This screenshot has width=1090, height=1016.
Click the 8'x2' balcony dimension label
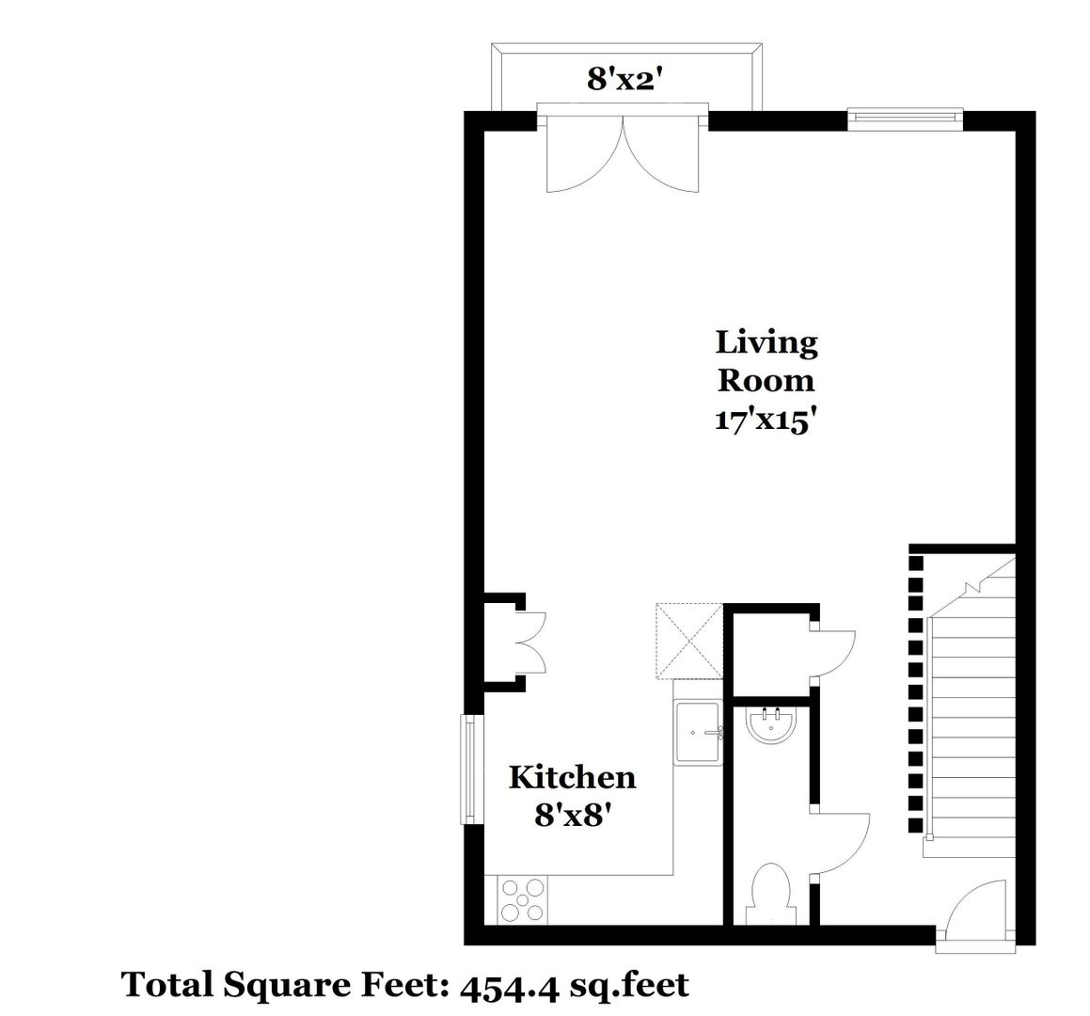point(623,79)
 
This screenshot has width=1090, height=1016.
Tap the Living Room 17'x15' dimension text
point(764,421)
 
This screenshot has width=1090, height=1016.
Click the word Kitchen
point(572,777)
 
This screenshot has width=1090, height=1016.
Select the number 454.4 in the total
point(509,985)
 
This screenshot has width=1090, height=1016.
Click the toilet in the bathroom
point(770,895)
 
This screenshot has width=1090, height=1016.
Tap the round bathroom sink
point(771,726)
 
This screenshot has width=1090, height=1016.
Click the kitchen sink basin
point(698,732)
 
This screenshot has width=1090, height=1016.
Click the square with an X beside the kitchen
point(689,640)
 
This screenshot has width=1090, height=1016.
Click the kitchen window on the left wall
point(471,770)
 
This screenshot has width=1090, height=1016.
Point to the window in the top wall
point(905,119)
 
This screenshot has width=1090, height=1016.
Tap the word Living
point(766,343)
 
